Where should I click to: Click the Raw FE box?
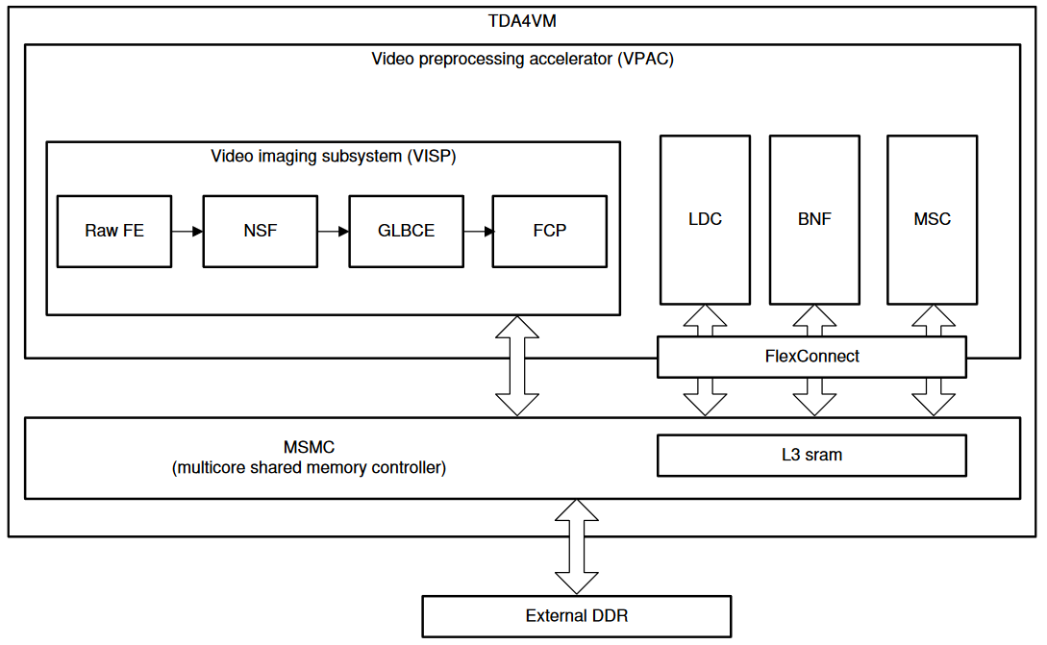tap(114, 232)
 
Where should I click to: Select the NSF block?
tap(260, 232)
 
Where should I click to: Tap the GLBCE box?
tap(406, 232)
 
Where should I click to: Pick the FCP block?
tap(549, 232)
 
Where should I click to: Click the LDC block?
tap(705, 219)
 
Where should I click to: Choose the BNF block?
tap(814, 219)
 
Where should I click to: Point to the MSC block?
tap(932, 219)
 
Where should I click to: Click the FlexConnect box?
tap(811, 357)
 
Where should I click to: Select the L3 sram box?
tap(811, 456)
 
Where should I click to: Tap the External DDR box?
tap(577, 616)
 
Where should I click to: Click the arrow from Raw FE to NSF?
tap(187, 232)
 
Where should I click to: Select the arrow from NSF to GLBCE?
tap(333, 232)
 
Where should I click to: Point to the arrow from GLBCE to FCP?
tap(478, 232)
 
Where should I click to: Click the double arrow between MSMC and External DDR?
tap(577, 546)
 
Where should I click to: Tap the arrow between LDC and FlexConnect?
tap(705, 321)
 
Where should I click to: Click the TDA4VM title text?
tap(522, 21)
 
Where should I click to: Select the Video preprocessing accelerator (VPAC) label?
tap(522, 60)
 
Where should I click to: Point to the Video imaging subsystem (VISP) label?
tap(333, 156)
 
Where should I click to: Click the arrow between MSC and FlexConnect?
tap(932, 321)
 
